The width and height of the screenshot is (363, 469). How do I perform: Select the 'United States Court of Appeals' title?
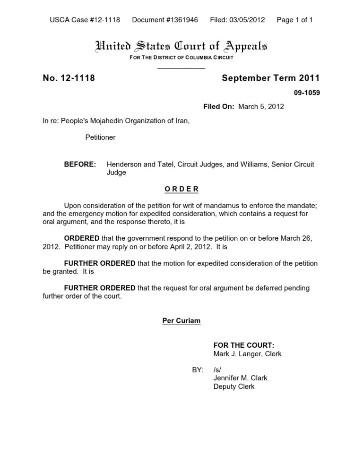181,46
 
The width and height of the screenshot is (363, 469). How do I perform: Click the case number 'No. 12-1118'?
69,78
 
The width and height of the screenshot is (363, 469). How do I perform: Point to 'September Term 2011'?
271,78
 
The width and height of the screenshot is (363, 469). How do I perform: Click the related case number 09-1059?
307,93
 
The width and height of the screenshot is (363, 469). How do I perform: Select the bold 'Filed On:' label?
219,107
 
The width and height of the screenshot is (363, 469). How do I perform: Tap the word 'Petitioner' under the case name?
100,137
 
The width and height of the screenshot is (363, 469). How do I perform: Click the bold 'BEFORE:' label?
80,164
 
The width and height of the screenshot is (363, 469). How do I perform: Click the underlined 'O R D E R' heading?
181,189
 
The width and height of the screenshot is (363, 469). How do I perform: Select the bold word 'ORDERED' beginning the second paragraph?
82,238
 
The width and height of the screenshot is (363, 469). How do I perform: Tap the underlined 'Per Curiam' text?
181,321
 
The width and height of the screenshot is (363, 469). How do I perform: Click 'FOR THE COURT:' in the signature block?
244,345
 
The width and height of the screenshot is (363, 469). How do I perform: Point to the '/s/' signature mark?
217,369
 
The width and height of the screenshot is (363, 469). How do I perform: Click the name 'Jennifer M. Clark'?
241,378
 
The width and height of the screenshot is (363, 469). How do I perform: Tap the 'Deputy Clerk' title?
234,386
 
